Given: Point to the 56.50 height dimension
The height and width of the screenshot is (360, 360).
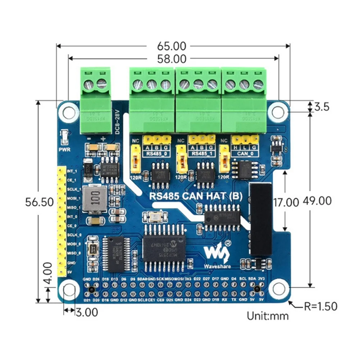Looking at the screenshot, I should (x=40, y=202).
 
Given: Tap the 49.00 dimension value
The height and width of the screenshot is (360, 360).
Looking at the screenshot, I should (x=317, y=201).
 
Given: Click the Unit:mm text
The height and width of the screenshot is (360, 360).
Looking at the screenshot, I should (x=268, y=316).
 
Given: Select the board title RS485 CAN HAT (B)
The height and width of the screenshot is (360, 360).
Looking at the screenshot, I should (x=196, y=196).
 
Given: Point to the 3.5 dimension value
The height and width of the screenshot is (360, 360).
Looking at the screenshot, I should (x=322, y=107).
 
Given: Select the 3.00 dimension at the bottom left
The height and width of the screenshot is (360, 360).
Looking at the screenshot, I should (x=86, y=312).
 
